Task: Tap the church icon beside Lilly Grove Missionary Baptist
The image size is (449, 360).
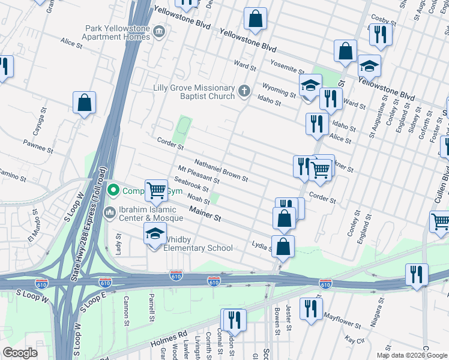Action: (244, 91)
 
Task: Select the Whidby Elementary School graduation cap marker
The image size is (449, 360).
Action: (155, 234)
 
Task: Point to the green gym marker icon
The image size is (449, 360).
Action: (112, 191)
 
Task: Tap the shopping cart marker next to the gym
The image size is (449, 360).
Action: (156, 191)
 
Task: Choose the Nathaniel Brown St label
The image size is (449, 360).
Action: (221, 170)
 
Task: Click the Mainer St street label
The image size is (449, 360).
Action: (205, 214)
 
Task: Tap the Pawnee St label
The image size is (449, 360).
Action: (35, 143)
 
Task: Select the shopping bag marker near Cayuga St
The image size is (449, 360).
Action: (85, 103)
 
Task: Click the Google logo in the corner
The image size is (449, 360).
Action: (20, 353)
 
